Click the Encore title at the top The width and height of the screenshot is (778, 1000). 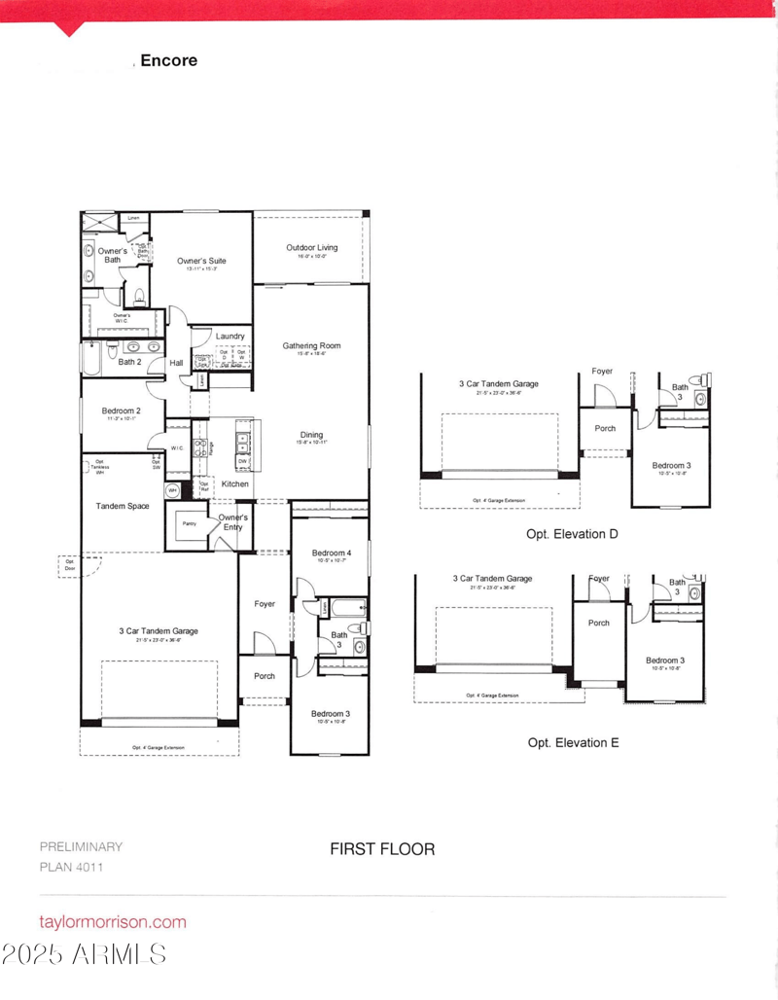[169, 60]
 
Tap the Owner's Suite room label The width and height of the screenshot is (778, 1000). [201, 261]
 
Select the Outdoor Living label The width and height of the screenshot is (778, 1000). [312, 248]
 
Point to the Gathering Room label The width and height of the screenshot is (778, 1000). [311, 345]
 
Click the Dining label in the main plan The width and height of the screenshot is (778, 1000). [311, 435]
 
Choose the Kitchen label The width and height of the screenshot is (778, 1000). [234, 483]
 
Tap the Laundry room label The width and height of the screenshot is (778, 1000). [230, 337]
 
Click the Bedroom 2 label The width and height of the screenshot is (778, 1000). [122, 411]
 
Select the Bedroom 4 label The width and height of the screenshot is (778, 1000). [332, 554]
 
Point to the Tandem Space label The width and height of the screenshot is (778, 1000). [123, 506]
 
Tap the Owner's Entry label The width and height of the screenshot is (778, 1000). [232, 522]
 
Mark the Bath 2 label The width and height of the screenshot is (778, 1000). [130, 362]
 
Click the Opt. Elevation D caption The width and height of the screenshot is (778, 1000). [572, 534]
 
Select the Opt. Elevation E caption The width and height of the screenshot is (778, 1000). [573, 742]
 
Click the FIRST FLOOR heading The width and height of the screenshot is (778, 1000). [382, 848]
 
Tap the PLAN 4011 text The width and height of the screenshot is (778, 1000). [71, 867]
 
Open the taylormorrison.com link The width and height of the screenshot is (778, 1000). [112, 921]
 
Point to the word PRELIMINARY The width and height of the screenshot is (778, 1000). [81, 846]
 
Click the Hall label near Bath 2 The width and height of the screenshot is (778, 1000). [177, 363]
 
